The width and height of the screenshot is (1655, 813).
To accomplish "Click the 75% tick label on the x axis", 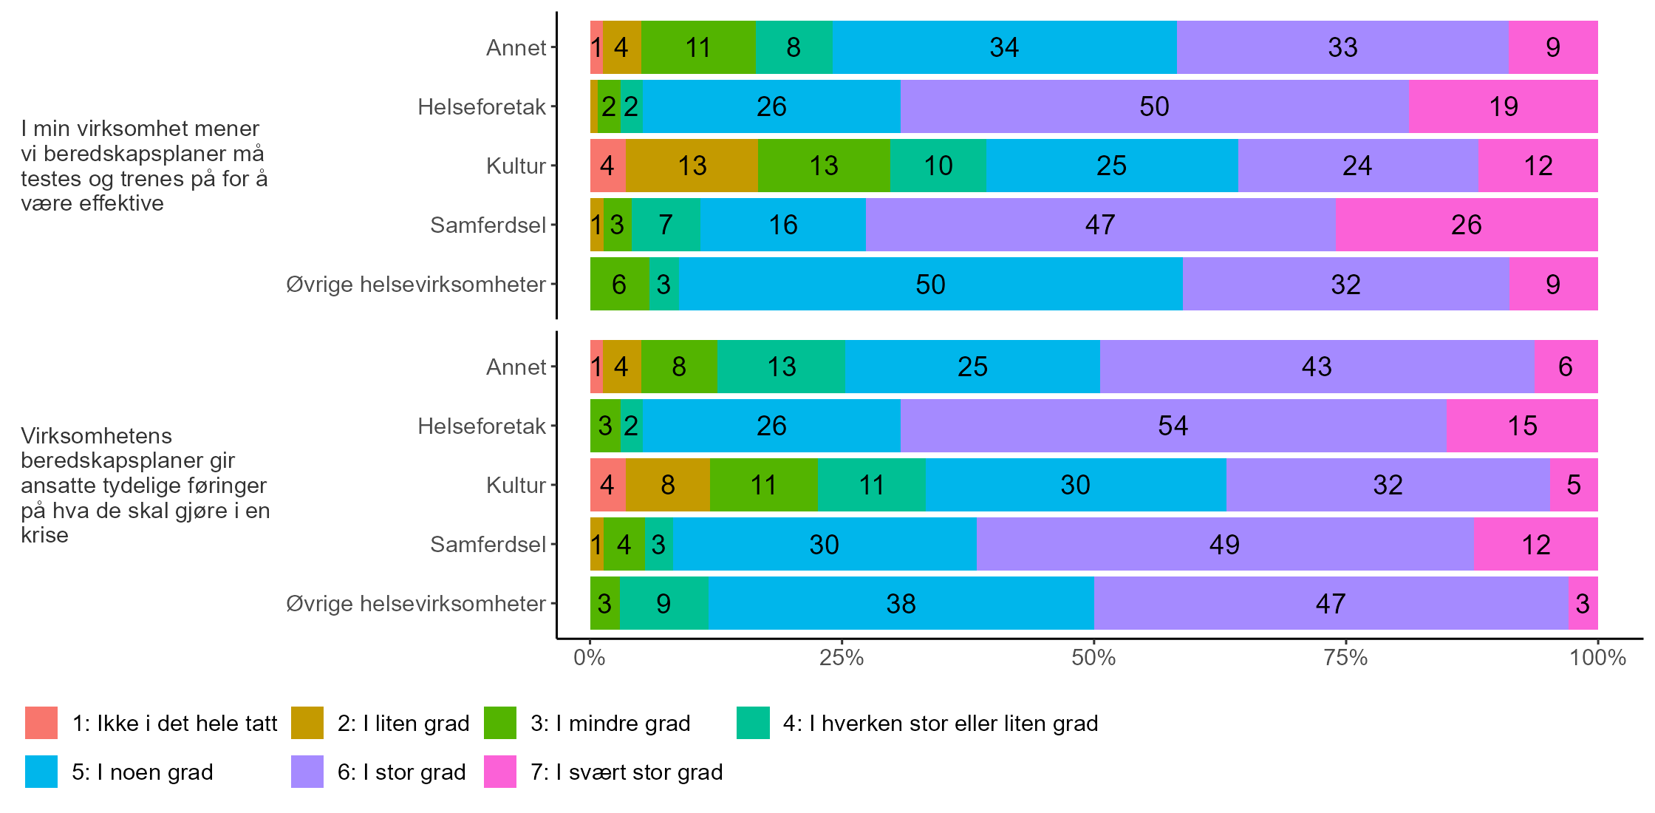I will click(x=1345, y=658).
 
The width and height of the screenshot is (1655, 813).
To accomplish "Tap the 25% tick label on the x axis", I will click(x=842, y=658).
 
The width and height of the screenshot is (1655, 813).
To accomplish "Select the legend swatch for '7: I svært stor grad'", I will click(x=500, y=772).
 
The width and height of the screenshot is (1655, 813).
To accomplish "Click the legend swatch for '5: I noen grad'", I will click(x=41, y=772).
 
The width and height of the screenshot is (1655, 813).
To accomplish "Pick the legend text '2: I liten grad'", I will click(x=403, y=723).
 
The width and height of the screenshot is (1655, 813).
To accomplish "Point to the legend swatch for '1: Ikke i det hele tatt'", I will click(x=41, y=723).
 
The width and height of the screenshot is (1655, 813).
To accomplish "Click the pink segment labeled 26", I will click(x=1466, y=225).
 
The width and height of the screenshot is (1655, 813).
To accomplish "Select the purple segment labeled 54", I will click(x=1173, y=426).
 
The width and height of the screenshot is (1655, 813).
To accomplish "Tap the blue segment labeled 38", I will click(x=901, y=603).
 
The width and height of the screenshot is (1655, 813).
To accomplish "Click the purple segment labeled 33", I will click(x=1342, y=47).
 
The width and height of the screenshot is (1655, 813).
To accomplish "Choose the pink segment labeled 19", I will click(x=1504, y=106).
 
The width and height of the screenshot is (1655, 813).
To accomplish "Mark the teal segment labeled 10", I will click(x=938, y=166).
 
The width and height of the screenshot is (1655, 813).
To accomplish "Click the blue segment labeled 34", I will click(x=1005, y=47).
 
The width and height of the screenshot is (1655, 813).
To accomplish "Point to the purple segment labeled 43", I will click(x=1317, y=367).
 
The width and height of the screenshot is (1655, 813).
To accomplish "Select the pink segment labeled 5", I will click(x=1574, y=485).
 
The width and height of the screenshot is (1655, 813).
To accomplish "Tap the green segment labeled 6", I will click(x=619, y=284).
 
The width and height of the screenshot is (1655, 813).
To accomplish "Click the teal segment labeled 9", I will click(x=663, y=603).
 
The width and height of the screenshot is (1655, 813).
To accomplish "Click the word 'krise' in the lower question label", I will click(x=44, y=534).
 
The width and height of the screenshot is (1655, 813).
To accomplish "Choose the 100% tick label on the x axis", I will click(x=1597, y=658).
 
